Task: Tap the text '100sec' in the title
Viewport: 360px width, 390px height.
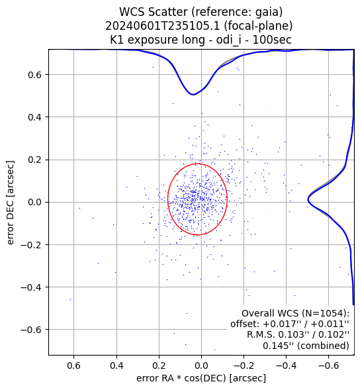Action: tap(272, 40)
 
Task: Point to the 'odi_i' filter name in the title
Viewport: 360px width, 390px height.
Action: tap(229, 40)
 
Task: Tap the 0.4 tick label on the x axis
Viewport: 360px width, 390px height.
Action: tap(116, 366)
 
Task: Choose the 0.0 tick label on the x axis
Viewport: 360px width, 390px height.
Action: tap(201, 366)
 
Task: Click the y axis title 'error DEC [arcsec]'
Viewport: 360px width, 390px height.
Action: tap(10, 203)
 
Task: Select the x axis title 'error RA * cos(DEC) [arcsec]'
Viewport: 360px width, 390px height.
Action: tap(201, 378)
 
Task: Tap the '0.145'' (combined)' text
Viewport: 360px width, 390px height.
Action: tap(306, 346)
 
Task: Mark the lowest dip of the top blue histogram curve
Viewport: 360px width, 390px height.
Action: tap(193, 95)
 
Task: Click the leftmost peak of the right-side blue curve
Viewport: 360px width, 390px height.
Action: tap(308, 199)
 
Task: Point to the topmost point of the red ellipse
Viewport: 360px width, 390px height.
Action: tap(198, 164)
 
